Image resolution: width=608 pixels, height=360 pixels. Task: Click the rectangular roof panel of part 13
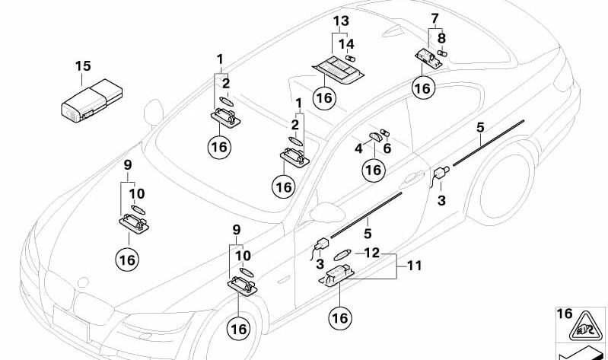340,71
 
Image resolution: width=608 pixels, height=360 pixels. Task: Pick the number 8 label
441,37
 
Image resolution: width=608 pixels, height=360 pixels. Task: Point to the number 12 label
371,252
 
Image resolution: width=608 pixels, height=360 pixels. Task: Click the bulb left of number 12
342,254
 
